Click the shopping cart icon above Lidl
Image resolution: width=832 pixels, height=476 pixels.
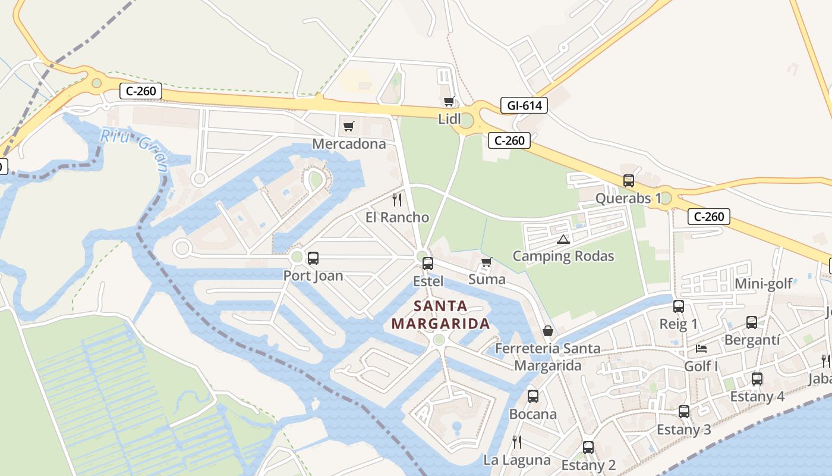[449, 102]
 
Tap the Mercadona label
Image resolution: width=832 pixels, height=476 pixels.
[349, 144]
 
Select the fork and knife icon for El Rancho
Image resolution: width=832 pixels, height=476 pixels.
[397, 200]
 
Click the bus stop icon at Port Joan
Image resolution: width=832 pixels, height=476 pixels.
[313, 258]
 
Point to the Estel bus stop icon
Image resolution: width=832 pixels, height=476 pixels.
[427, 263]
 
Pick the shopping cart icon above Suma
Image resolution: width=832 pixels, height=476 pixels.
[487, 262]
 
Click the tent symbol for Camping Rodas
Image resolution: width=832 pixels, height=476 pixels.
[563, 239]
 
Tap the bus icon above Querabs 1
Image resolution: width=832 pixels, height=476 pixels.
[629, 181]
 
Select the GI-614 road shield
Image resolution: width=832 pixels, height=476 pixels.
[524, 106]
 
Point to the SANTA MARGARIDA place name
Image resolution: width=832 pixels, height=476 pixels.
[440, 315]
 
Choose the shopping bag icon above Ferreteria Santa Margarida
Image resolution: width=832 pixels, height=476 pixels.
[548, 331]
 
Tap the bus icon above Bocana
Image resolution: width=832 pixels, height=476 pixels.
[533, 396]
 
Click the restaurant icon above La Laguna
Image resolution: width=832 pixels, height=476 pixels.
[516, 441]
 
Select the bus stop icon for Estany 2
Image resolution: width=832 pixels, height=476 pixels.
[588, 447]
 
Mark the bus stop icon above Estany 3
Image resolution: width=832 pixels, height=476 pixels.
[684, 412]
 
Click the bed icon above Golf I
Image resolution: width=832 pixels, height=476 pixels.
[701, 349]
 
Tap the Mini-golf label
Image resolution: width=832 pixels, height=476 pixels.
[764, 284]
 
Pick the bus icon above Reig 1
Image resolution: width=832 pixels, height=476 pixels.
[678, 306]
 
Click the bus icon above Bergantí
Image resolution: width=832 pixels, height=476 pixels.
[752, 322]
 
